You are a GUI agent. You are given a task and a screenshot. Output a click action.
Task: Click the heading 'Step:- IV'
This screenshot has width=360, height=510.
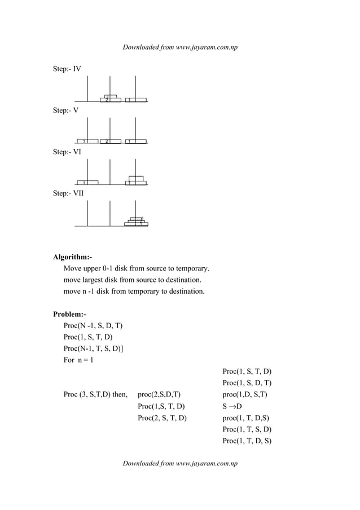tap(67, 69)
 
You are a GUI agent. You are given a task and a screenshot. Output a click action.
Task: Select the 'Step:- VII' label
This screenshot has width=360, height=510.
tap(68, 193)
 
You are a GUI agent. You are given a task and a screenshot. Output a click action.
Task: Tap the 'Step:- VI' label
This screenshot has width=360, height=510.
tap(67, 152)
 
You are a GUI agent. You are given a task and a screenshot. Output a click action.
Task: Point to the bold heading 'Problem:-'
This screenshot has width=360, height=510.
tap(69, 314)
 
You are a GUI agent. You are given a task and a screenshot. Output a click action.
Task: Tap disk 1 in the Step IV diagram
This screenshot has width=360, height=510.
tap(136, 101)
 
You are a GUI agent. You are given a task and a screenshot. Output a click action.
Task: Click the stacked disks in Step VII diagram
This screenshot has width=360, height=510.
tap(136, 221)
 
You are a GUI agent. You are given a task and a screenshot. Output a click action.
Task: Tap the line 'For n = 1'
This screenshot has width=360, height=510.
tap(78, 360)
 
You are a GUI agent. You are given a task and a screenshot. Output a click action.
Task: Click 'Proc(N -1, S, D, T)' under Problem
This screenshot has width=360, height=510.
tap(93, 326)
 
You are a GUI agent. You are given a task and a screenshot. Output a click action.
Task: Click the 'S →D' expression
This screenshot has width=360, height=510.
tap(232, 407)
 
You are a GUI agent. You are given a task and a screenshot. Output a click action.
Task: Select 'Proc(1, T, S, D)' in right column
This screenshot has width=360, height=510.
tap(247, 430)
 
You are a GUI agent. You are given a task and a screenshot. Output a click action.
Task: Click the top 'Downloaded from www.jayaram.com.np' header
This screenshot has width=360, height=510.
tap(180, 47)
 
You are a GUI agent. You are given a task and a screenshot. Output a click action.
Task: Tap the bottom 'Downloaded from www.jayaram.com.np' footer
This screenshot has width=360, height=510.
tap(180, 464)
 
